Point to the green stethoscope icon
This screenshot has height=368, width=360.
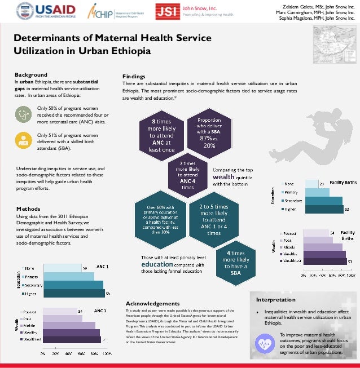24,113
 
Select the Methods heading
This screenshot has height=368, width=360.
29,209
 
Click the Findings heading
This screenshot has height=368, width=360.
134,76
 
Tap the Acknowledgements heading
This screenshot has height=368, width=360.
152,303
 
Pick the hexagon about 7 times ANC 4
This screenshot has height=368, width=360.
183,174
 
